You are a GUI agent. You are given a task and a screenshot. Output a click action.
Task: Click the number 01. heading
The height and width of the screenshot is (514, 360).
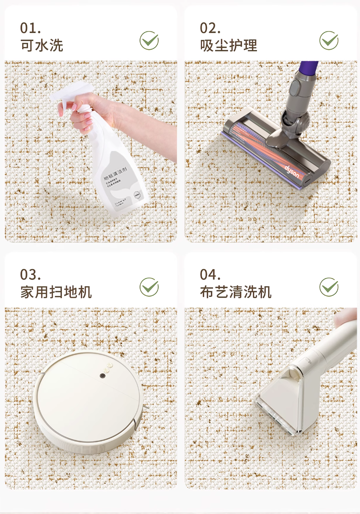pos(31,28)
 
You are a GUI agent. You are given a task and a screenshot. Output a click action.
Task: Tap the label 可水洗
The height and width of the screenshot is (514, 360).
pos(42,46)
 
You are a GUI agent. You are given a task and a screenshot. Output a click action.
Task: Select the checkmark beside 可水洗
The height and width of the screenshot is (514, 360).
pos(149,41)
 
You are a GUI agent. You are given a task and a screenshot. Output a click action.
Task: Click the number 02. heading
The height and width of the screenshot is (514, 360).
pos(210,28)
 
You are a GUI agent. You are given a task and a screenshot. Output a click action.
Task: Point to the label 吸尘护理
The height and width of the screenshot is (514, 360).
pos(228,46)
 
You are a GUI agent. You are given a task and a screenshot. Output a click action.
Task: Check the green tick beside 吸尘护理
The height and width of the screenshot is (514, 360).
pos(329,41)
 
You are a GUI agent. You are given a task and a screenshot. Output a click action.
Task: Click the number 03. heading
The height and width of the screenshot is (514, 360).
pos(31,275)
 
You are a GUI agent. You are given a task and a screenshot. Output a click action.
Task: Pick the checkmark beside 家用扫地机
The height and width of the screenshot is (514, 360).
pos(149,287)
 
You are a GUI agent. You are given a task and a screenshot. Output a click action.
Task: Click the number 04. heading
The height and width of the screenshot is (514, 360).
pos(210,275)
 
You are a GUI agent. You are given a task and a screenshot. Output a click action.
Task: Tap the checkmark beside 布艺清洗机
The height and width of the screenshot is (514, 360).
pos(329,287)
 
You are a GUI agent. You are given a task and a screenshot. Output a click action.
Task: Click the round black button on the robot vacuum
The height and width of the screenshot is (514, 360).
pos(103,376)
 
